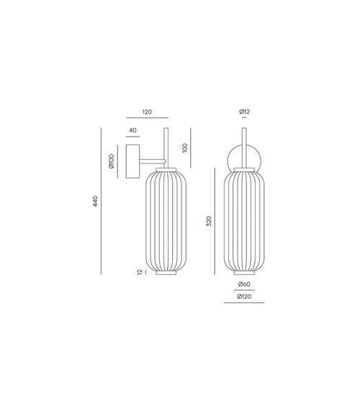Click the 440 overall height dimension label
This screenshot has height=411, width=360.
point(94,202)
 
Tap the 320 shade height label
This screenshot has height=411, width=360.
point(209,222)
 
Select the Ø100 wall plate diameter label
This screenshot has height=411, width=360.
point(112,161)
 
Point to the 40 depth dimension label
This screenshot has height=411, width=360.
point(132,130)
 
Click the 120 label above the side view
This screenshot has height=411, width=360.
point(147,112)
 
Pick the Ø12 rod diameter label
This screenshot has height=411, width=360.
point(245,112)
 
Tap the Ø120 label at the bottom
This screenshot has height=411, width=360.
point(245,297)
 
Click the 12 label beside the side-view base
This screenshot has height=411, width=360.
point(140,272)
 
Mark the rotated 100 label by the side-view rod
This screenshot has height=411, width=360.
point(185,148)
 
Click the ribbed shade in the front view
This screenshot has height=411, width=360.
point(245,220)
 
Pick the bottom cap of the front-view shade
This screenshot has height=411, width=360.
point(245,273)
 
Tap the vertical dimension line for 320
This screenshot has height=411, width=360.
point(216,222)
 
